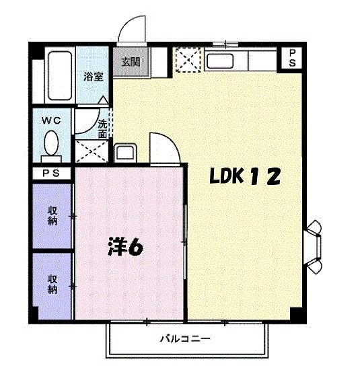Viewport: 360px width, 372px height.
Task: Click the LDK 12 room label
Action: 244,177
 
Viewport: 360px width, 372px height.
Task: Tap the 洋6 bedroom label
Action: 126,247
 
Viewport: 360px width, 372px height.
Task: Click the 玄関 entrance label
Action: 131,62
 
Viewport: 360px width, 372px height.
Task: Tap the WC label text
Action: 51,121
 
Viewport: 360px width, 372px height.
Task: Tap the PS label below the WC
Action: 50,174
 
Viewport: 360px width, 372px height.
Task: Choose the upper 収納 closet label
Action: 52,216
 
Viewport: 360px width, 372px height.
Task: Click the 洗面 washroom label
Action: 102,128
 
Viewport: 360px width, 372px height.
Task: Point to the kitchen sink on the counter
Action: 227,61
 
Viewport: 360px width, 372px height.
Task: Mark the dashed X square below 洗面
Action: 90,152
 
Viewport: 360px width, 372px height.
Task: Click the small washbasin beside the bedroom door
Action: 124,153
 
